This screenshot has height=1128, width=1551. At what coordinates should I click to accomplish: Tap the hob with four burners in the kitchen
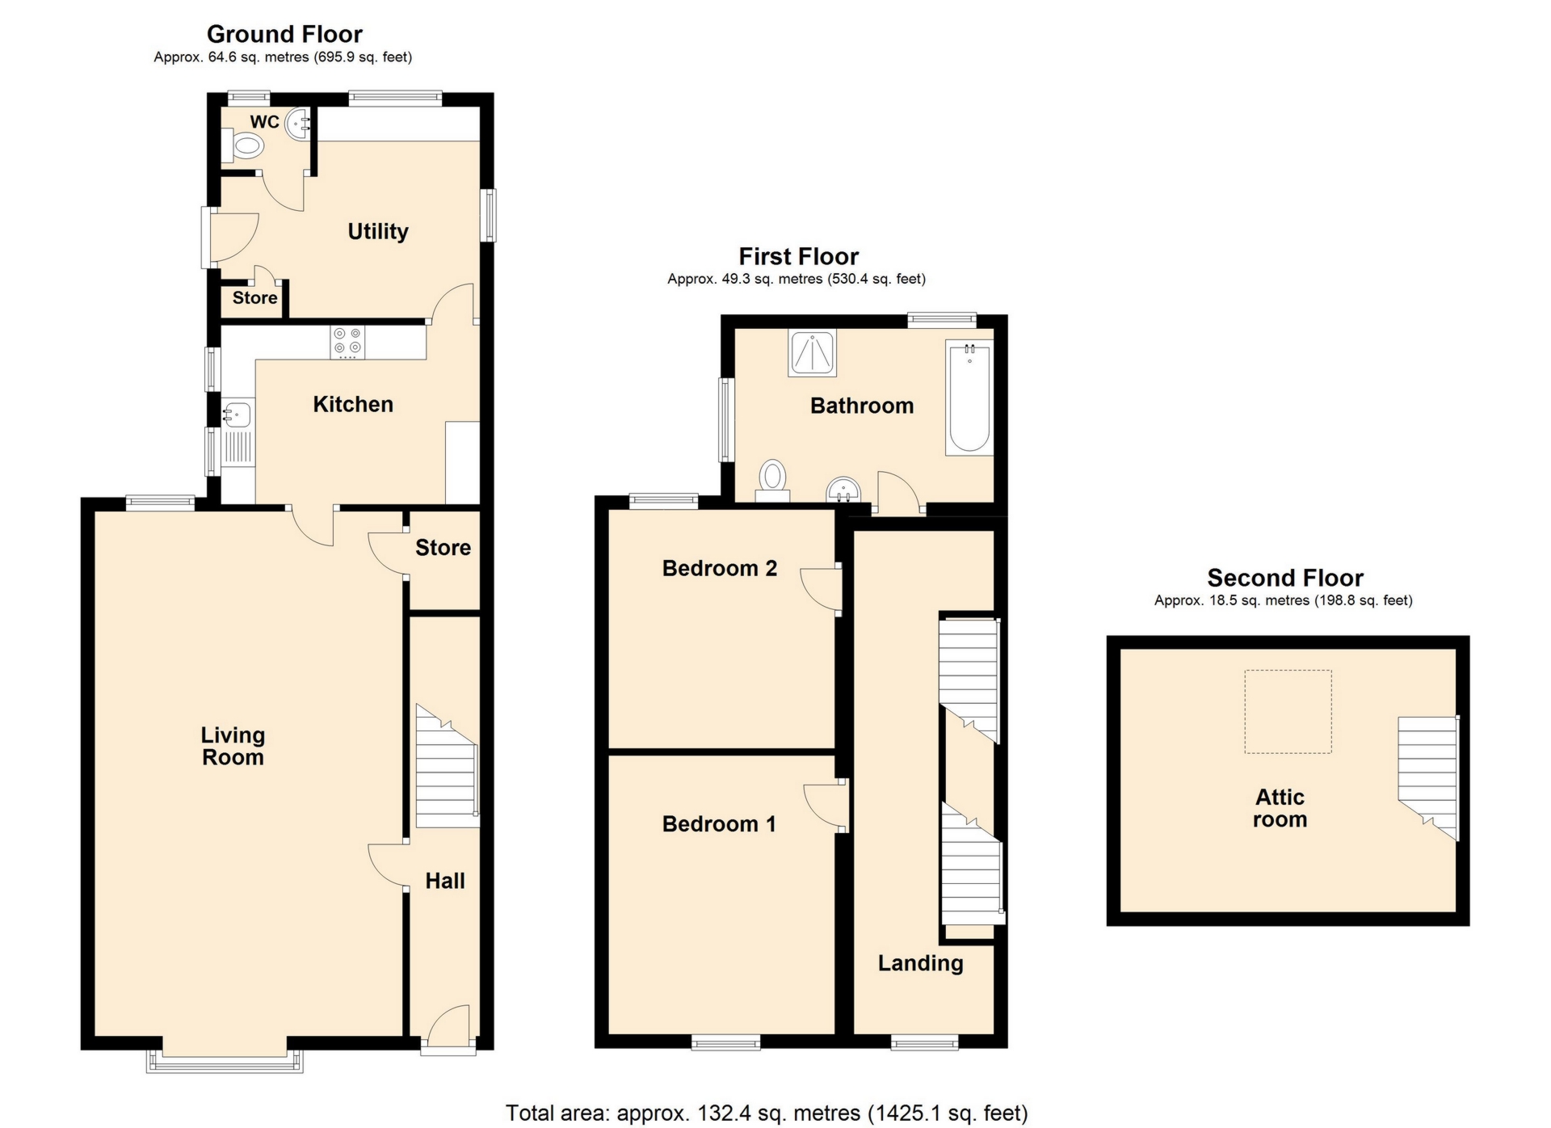(x=347, y=342)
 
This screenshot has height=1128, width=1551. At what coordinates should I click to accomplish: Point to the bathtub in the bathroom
(x=969, y=398)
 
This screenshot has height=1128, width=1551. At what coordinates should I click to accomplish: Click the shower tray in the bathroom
(x=812, y=354)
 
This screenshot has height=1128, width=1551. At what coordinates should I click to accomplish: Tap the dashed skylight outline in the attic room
(x=1288, y=712)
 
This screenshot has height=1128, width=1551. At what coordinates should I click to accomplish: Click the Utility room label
(x=378, y=232)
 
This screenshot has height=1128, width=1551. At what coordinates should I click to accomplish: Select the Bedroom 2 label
(x=720, y=568)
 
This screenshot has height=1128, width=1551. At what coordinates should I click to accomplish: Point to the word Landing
(x=921, y=963)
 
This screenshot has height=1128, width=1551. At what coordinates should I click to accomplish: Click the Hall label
(x=445, y=881)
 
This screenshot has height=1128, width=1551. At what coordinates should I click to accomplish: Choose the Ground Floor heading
(x=284, y=34)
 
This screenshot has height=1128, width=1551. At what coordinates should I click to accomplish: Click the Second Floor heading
(x=1285, y=578)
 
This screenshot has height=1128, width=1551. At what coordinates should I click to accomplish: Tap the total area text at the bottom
(x=767, y=1113)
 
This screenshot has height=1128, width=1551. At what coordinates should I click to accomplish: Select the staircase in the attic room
(x=1428, y=777)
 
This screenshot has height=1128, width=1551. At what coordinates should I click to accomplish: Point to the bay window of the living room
(x=225, y=1059)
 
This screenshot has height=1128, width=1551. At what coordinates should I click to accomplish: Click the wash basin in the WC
(x=299, y=124)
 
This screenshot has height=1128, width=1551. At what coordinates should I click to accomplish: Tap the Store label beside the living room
(x=443, y=548)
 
